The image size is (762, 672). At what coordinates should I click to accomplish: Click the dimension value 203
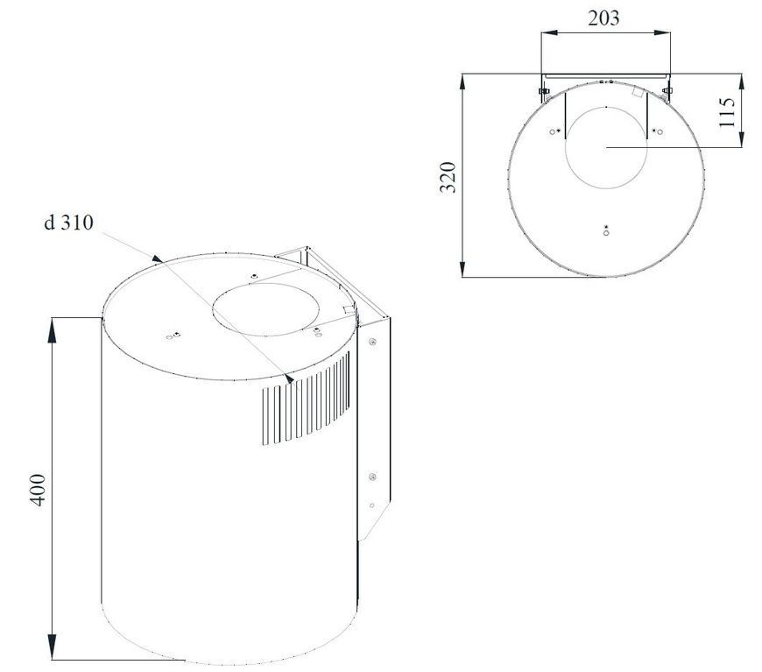click(603, 18)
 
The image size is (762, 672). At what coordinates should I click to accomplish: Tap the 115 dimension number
click(727, 112)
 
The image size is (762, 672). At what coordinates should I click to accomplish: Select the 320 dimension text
click(448, 177)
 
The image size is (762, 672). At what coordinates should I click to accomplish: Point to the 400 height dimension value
click(38, 490)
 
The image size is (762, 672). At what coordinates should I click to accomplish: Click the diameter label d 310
click(68, 223)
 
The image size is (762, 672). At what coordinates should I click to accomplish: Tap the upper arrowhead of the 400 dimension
click(52, 329)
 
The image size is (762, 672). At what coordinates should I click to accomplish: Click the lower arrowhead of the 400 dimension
click(52, 647)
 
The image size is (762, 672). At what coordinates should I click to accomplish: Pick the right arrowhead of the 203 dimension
click(662, 32)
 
